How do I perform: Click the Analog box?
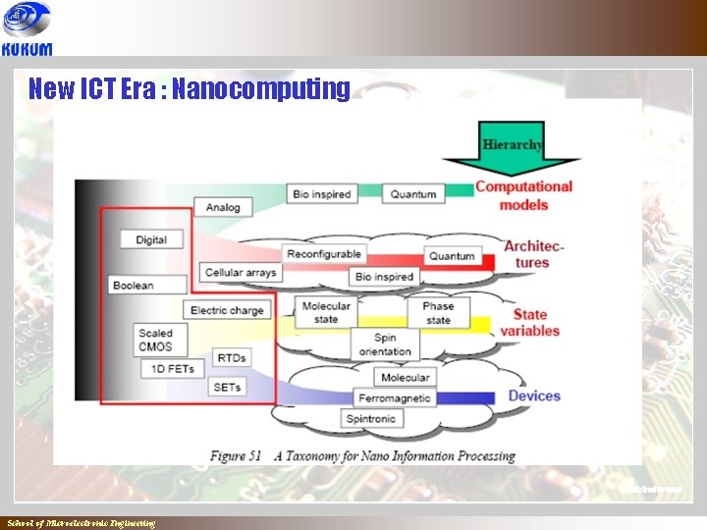tap(223, 207)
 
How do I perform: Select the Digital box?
tap(151, 239)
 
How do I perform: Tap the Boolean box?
tap(133, 285)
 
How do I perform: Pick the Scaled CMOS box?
tap(155, 340)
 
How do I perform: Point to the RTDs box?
tap(231, 358)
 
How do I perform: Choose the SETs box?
tap(227, 388)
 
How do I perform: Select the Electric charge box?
tap(227, 310)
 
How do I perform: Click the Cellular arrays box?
tap(241, 272)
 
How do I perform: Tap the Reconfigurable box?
tap(324, 254)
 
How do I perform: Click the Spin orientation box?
tap(385, 344)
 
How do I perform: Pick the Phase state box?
tap(438, 312)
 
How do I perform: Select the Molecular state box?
tap(326, 312)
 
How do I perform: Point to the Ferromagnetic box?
tap(394, 398)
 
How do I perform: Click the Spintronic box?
tap(370, 419)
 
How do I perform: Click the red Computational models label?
tap(523, 195)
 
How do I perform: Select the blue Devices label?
tap(533, 397)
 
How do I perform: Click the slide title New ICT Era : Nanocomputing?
tap(189, 89)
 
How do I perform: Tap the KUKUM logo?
tap(27, 29)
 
